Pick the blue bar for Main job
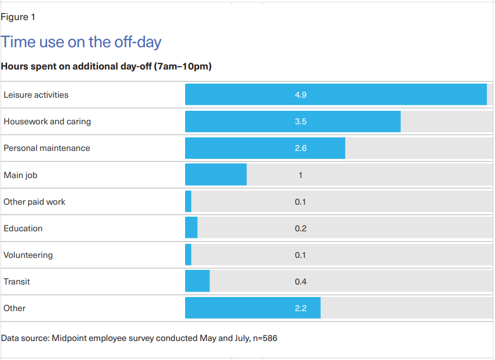coord(215,175)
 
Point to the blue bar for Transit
coord(197,281)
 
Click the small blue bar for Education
coord(191,228)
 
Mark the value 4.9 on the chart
coord(301,94)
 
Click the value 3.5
coord(301,122)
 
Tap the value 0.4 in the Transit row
coord(301,281)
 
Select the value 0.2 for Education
coord(301,228)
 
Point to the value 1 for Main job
coord(301,175)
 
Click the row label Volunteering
coord(28,255)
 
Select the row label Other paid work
coord(34,201)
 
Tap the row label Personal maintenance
coord(47,148)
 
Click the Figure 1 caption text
coord(18,17)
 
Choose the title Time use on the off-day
coord(81,42)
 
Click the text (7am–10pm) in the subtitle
coord(182,66)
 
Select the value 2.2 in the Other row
coord(301,308)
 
